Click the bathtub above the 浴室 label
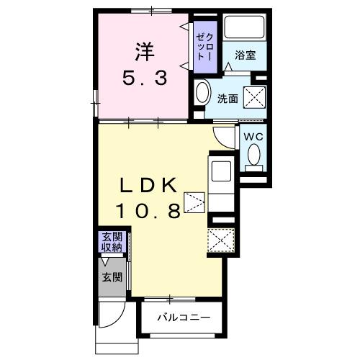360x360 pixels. tap(245, 28)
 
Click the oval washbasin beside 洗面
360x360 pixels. tap(202, 94)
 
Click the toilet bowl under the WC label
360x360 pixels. tap(253, 155)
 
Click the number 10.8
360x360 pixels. tap(149, 210)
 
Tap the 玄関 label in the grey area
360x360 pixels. tap(110, 277)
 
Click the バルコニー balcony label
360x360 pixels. tap(184, 318)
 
